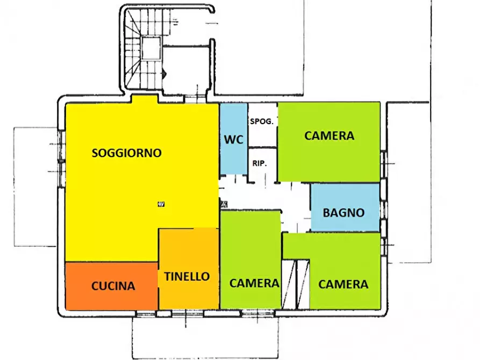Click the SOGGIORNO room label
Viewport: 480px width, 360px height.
coord(127,153)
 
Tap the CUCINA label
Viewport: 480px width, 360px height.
coord(113,286)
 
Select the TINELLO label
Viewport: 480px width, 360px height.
coord(188,276)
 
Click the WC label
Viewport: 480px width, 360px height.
coord(234,139)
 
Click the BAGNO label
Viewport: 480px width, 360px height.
coord(343,212)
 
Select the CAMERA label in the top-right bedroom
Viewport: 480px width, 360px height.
coord(329,135)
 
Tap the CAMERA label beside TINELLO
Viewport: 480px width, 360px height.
coord(254,283)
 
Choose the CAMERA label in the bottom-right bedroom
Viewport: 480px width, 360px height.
coord(343,284)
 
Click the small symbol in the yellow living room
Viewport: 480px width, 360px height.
coord(161,204)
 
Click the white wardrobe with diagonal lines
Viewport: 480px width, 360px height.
coord(296,285)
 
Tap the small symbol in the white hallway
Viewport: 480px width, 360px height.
coord(224,204)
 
